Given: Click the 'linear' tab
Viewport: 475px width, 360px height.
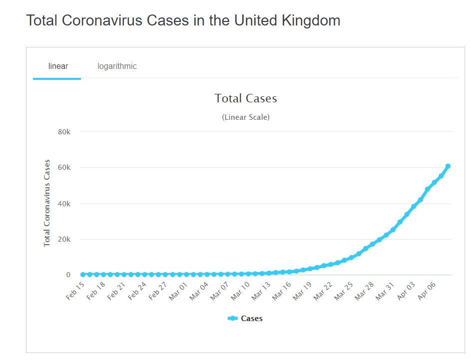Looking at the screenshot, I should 58,66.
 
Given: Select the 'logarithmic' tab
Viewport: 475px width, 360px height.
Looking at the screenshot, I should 117,66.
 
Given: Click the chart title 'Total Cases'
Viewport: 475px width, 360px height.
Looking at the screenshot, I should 246,98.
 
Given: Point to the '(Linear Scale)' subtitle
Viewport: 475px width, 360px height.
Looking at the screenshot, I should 246,118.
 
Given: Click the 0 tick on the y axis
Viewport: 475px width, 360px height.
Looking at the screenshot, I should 68,275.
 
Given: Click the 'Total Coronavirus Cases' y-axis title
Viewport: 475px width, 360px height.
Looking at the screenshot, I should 47,203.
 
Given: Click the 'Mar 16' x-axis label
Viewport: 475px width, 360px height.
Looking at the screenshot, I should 281,291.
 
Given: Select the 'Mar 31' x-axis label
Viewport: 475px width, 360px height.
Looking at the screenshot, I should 385,291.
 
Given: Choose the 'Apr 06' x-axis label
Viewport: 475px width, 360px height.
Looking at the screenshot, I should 427,291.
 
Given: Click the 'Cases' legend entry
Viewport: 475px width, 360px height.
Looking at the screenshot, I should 251,319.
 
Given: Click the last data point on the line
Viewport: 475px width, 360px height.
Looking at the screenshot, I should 448,166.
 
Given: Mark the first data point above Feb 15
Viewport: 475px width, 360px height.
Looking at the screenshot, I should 83,275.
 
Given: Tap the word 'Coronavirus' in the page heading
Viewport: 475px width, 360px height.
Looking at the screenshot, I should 105,21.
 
